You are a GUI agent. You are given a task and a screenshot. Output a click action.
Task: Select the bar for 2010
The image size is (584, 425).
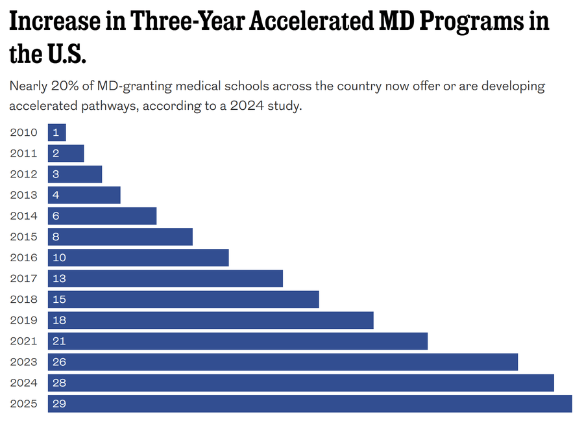click(x=57, y=133)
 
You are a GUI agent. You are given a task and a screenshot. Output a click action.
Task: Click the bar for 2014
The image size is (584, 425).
click(x=102, y=216)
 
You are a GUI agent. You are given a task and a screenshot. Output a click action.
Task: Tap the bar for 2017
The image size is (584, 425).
click(x=165, y=278)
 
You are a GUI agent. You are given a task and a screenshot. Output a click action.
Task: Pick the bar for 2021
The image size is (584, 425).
click(x=237, y=341)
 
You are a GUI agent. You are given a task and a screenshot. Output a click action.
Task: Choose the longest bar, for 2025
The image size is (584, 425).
click(x=310, y=404)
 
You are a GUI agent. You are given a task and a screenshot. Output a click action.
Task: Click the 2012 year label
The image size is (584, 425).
click(x=24, y=174)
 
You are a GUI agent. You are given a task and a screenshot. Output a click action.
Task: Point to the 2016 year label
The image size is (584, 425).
click(x=24, y=257)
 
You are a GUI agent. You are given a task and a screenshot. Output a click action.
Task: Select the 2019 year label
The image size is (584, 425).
click(x=24, y=320)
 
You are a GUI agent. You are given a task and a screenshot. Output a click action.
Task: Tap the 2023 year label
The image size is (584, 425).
click(x=24, y=362)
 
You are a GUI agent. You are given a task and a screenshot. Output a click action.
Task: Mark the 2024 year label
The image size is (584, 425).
click(x=24, y=383)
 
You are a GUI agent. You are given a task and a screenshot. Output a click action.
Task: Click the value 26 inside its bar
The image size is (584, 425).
click(x=60, y=362)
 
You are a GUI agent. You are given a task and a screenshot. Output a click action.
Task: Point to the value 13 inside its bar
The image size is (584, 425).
click(x=60, y=278)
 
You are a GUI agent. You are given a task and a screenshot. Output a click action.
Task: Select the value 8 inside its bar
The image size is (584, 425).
click(x=56, y=237)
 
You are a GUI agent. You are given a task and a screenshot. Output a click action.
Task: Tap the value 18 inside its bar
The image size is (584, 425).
click(x=60, y=320)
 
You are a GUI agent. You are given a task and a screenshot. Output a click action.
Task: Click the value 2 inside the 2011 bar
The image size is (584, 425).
click(x=56, y=153)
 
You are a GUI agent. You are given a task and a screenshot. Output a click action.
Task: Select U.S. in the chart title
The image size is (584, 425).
click(x=65, y=55)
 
